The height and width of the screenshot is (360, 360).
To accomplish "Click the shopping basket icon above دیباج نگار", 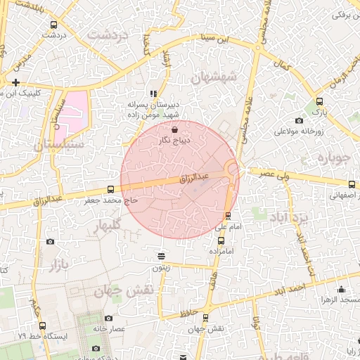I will pos(174,129).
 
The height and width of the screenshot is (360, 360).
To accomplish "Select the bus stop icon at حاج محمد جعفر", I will pos(110,189).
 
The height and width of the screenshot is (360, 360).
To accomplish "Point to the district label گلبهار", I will pos(107,225).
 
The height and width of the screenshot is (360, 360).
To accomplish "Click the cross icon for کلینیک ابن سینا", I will pos(15,82).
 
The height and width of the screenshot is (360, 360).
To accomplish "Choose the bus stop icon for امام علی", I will pos(227,216).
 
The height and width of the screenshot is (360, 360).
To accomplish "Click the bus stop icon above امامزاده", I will pos(221,240).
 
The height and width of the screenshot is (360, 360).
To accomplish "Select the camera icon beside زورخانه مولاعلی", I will pos(300,120).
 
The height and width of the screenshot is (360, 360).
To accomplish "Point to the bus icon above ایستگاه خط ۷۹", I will pos(43,326).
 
